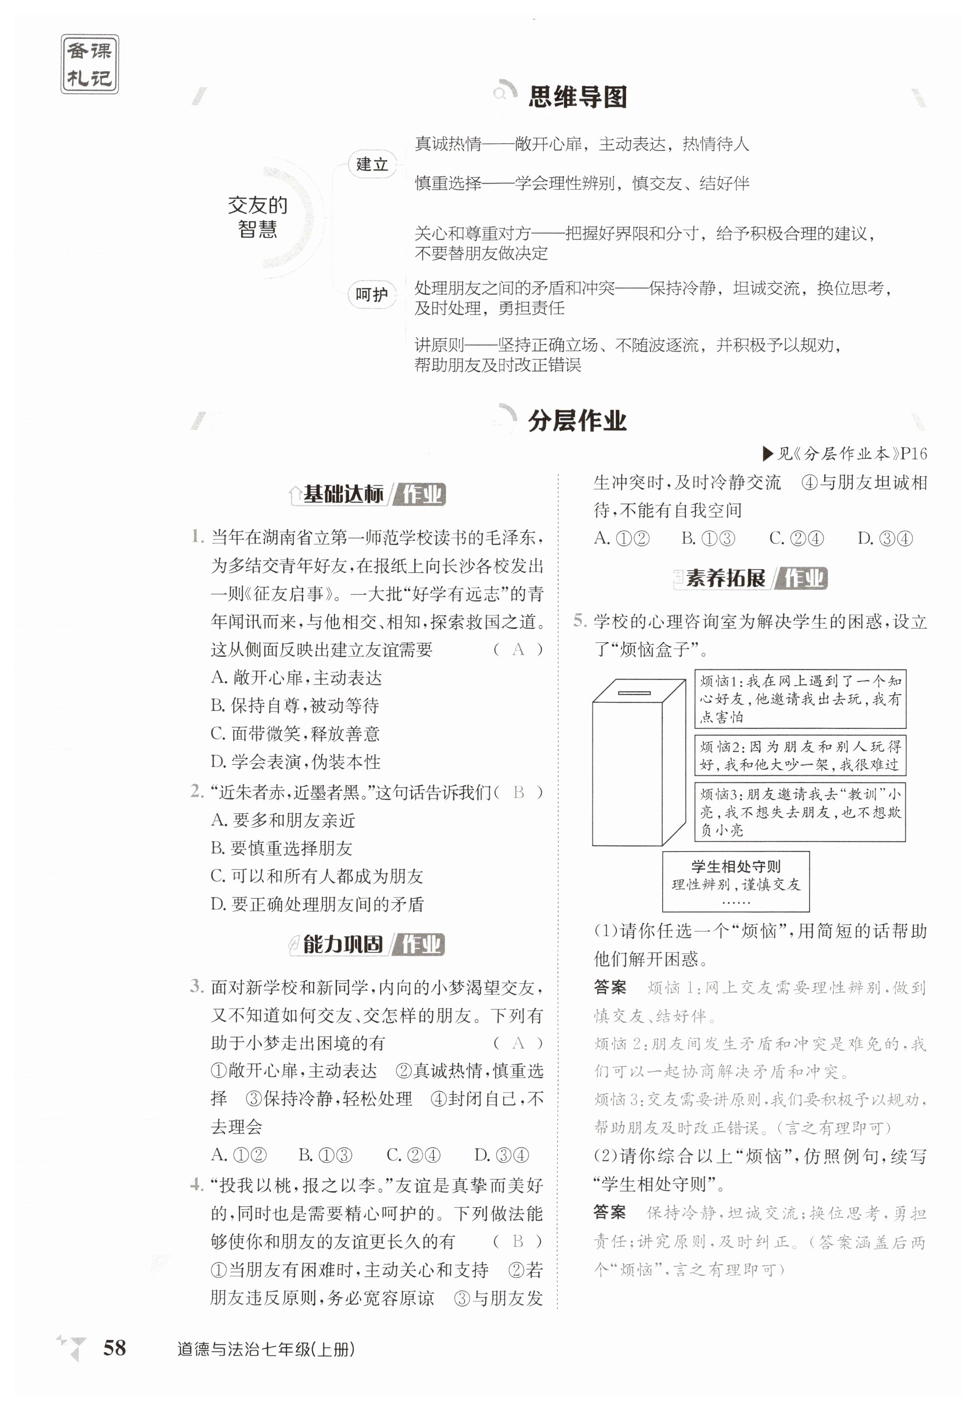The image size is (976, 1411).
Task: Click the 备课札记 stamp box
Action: tap(89, 64)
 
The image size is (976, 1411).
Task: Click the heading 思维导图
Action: tap(577, 96)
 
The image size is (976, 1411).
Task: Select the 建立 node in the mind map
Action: tap(372, 164)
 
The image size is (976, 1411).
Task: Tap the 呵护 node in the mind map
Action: tap(372, 295)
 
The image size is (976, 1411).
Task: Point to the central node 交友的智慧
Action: tap(257, 217)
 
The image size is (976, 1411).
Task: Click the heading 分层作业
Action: tap(577, 421)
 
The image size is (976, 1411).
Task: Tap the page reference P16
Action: tap(913, 454)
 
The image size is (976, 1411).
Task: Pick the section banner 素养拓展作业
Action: tap(751, 578)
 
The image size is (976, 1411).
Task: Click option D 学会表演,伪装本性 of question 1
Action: tap(295, 762)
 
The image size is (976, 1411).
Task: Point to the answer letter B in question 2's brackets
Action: tap(519, 793)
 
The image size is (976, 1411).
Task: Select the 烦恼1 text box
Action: tap(800, 699)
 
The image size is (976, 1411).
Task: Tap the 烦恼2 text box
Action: tap(800, 755)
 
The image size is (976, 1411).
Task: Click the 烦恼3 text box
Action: tap(800, 812)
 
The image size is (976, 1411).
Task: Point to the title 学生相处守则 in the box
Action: tap(736, 866)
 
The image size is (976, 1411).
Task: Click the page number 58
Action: tap(115, 1347)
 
